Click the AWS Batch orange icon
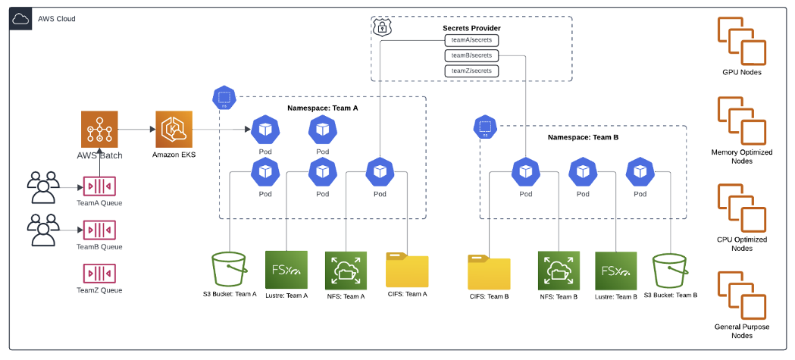pos(100,130)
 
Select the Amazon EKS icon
pos(174,130)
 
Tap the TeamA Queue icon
pos(99,186)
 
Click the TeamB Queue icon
pos(99,229)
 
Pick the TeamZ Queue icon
pos(99,272)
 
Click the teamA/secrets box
pos(471,40)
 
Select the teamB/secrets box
pos(471,55)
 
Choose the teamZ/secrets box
pos(471,70)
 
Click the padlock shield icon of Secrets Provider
pos(383,27)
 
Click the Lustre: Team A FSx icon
pos(286,270)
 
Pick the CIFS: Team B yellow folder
pos(489,273)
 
